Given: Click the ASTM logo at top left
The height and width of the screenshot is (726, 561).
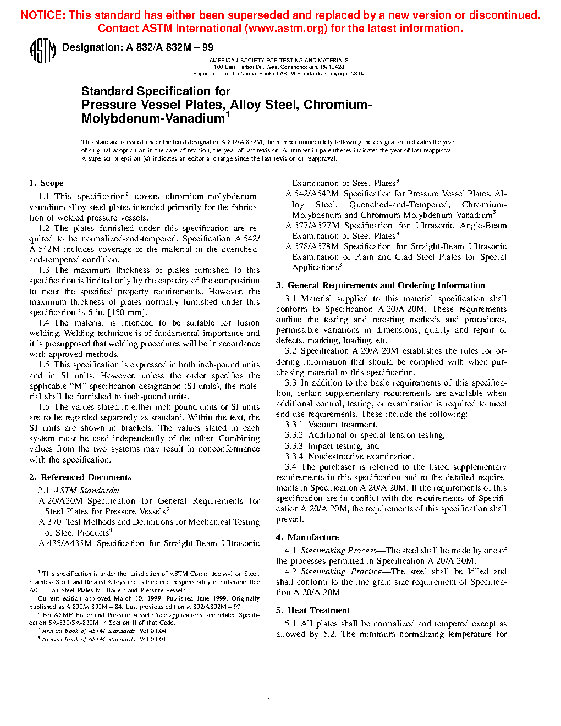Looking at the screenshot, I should pos(42,51).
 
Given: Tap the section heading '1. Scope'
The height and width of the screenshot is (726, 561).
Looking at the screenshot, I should pos(46,183).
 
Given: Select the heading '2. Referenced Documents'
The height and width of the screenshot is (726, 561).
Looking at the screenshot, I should pos(80,477).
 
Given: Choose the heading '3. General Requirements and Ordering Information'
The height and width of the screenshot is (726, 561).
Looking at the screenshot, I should pos(381,285).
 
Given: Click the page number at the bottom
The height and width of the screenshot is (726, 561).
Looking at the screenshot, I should pos(268,697).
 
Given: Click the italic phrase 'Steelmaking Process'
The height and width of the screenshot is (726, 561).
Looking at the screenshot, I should pos(338,551).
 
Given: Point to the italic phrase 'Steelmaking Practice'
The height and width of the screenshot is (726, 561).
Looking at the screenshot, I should pos(341,571).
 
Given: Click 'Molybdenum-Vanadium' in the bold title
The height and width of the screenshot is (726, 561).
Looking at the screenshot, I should pos(153,118).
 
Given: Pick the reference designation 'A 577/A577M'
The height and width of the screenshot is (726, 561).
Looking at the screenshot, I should pos(312,226).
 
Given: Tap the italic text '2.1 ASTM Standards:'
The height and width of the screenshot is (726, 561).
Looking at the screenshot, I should pos(79,491).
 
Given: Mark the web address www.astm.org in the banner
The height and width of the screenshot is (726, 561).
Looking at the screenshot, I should pos(286,29).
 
